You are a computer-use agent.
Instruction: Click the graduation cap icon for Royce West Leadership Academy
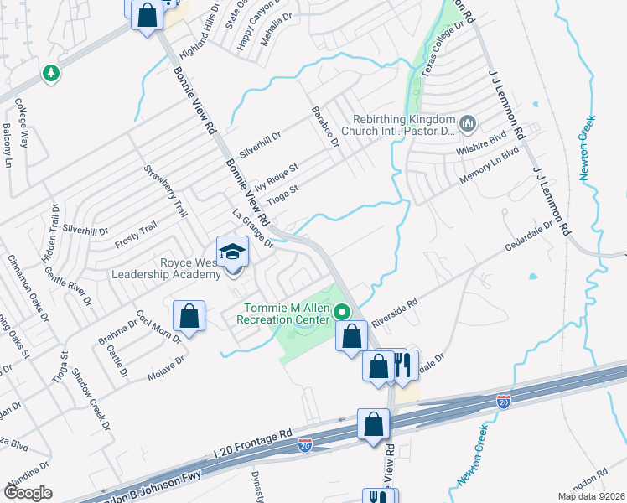(231, 251)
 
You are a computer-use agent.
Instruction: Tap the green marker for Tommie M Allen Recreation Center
(342, 312)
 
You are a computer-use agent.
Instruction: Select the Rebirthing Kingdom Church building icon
(468, 124)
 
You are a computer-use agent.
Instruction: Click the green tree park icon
(52, 74)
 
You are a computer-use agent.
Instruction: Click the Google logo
(28, 493)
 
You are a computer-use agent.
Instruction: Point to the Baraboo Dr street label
(323, 127)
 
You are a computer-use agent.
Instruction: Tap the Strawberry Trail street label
(163, 192)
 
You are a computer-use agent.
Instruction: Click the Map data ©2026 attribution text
(590, 496)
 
